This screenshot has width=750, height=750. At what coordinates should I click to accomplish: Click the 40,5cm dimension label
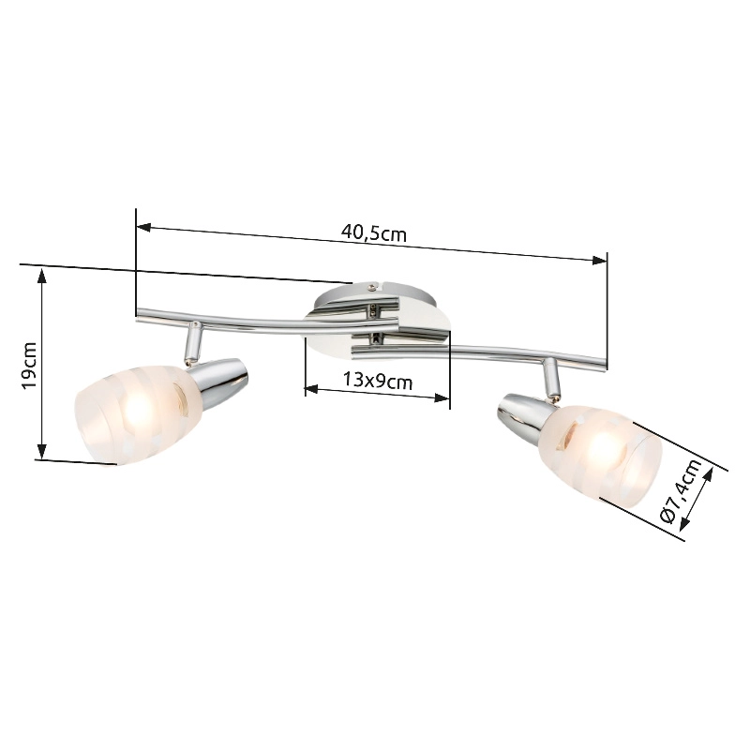pyautogui.click(x=373, y=233)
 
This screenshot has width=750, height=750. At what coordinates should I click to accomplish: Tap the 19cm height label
pyautogui.click(x=30, y=366)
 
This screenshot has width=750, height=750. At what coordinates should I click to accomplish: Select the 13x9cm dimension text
pyautogui.click(x=378, y=382)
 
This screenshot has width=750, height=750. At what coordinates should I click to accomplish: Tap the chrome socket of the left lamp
pyautogui.click(x=220, y=382)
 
